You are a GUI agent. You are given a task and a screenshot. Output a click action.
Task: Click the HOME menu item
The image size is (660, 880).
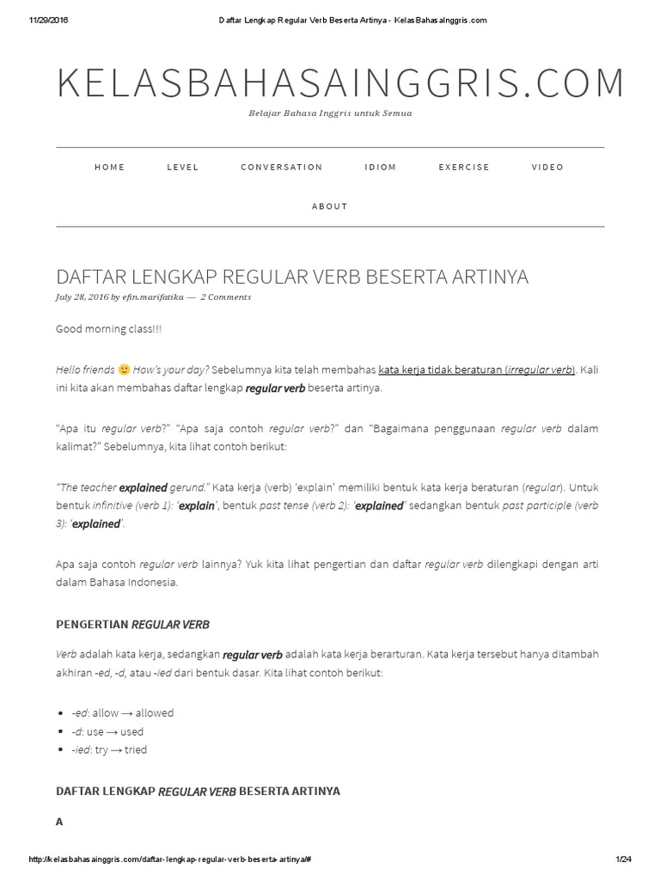109,167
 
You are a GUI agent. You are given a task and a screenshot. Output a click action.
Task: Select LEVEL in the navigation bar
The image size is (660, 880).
183,167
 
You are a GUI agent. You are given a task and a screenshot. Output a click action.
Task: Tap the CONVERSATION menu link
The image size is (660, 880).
281,167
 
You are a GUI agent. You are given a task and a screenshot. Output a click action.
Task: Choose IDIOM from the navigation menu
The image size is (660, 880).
381,167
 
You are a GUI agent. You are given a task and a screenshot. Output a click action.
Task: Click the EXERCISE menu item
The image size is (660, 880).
464,167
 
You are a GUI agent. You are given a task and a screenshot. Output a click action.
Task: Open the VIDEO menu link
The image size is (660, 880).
547,167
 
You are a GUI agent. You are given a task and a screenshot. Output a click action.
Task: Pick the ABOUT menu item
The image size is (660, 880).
330,206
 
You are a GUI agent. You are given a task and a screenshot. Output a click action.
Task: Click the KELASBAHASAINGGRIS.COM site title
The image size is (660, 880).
340,82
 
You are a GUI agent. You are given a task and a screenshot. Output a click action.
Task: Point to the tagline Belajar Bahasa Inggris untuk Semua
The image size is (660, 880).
330,113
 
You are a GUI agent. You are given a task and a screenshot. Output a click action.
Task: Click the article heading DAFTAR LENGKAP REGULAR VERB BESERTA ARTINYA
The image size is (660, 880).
292,277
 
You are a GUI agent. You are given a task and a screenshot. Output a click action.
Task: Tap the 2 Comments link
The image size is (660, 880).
226,297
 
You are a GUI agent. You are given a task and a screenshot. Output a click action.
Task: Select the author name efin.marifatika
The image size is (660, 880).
153,297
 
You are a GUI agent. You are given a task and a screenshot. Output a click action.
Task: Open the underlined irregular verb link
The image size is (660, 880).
476,370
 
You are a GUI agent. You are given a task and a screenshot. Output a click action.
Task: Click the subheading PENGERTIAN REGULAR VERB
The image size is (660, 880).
132,624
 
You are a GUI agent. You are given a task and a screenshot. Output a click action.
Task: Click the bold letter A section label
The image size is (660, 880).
59,822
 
